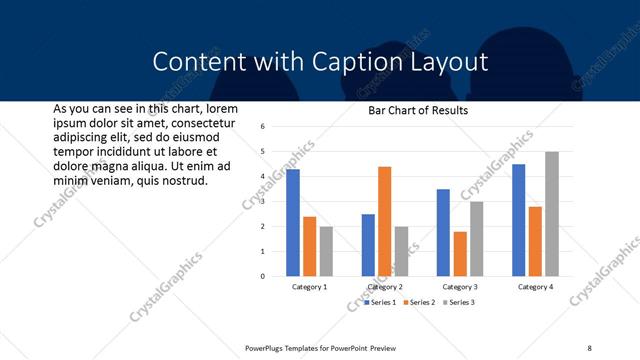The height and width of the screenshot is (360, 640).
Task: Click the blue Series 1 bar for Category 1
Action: point(293,223)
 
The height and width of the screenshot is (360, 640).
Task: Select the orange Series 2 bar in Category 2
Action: point(385,221)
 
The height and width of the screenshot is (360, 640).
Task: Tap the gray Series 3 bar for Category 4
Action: point(552,214)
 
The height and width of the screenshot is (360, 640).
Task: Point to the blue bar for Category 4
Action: point(519,220)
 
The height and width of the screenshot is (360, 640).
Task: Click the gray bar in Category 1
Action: point(326,251)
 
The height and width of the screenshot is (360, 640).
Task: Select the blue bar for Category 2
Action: point(369,245)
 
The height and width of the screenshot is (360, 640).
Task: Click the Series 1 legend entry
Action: point(380,302)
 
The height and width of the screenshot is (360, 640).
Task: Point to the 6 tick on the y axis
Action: point(261,127)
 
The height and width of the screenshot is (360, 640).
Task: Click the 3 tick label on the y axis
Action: point(261,202)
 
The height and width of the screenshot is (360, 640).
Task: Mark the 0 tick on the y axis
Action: point(261,276)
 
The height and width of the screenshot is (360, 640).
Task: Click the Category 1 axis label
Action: point(309,287)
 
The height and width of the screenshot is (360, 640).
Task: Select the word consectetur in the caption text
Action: point(195,122)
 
